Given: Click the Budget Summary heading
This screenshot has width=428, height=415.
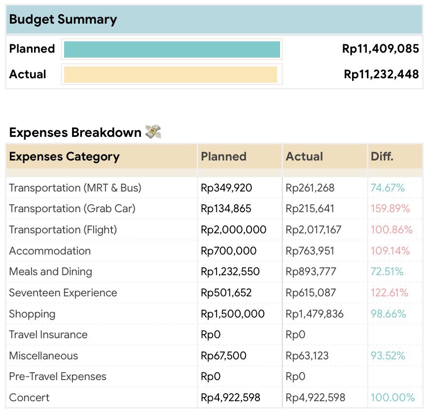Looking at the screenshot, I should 63,20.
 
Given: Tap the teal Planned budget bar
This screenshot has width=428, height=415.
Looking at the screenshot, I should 172,49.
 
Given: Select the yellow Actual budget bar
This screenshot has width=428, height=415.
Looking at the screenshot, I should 170,74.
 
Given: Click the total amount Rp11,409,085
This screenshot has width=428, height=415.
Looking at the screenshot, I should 380,49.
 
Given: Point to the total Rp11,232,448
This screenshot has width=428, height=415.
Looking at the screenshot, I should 381,74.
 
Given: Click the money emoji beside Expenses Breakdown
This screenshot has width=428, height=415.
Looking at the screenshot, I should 153,132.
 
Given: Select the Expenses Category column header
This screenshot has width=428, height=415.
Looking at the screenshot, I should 64,157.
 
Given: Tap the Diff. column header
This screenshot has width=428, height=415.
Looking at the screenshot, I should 382,157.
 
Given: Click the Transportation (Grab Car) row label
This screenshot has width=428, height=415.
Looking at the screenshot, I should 72,209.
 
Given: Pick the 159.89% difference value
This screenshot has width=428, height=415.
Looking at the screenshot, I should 390,209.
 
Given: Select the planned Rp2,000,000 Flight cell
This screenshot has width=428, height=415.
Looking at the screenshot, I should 233,230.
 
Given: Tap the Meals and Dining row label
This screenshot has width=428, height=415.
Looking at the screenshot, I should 50,272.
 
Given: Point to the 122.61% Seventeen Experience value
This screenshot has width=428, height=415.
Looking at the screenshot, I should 389,293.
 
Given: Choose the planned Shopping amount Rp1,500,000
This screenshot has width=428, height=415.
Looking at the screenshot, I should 233,314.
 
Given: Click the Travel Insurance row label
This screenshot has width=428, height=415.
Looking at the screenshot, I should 48,335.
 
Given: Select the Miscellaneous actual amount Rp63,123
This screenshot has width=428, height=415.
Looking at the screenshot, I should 307,356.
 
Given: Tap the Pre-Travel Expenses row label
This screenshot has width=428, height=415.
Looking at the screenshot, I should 57,377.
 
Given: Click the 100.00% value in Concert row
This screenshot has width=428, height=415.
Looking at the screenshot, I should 392,398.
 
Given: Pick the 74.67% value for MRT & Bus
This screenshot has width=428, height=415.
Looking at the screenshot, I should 387,188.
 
